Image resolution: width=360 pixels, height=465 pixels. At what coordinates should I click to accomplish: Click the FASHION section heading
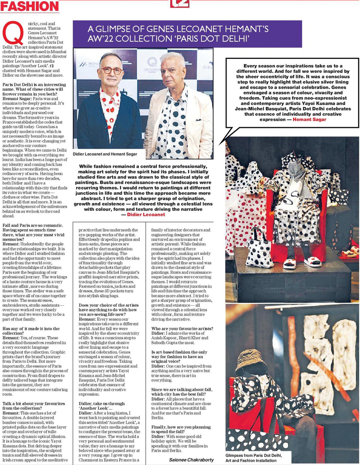coord(29,6)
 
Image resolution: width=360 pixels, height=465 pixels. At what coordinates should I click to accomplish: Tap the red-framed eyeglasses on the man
coord(111,70)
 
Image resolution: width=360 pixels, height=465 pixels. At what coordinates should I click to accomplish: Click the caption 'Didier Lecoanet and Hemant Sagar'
coord(105,154)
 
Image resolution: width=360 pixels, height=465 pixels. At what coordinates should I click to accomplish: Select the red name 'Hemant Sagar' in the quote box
coord(309,120)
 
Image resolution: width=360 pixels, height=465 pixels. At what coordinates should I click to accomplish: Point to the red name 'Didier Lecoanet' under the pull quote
coord(146,215)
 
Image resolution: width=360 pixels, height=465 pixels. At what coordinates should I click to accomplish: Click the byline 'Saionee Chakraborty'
coord(191,460)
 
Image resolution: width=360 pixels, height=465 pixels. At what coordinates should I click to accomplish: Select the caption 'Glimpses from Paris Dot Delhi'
coord(253,455)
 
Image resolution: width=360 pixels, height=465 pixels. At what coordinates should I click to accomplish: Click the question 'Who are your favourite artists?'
coord(182,328)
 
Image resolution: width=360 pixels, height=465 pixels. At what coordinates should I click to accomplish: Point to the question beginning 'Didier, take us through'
coord(102,406)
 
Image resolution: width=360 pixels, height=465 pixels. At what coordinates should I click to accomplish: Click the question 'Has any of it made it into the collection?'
coord(31,331)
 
